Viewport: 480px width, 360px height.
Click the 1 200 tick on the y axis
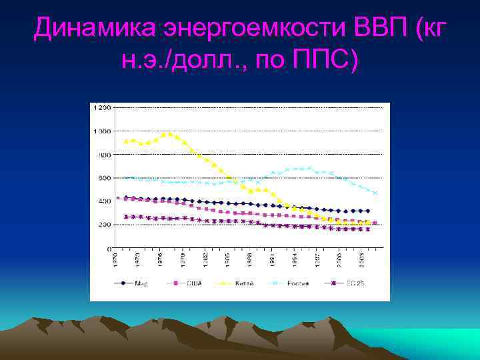[103, 107]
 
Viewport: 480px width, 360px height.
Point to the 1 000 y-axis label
[103, 131]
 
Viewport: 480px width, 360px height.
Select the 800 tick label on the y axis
[105, 155]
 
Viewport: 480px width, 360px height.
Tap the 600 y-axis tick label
[105, 178]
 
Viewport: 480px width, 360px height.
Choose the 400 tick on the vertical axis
[105, 201]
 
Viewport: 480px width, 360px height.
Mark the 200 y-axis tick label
[105, 225]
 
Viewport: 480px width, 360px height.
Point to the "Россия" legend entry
[298, 283]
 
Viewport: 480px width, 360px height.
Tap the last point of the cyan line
[375, 193]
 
